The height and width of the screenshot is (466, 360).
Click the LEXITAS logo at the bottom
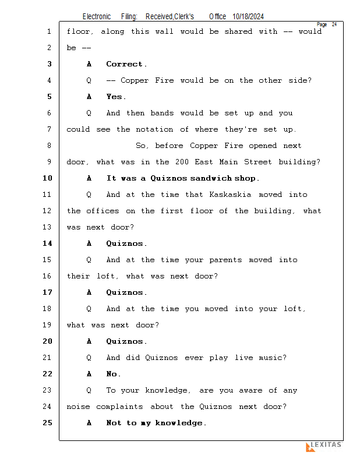[x=324, y=446]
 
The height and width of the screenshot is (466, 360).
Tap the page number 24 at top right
[x=334, y=24]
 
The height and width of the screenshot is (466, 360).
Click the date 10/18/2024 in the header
[x=248, y=17]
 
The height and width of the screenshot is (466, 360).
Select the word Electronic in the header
[x=97, y=17]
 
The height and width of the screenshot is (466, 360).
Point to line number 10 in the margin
[x=48, y=178]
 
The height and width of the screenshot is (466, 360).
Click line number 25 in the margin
[x=48, y=423]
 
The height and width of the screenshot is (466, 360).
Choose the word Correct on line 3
[x=124, y=64]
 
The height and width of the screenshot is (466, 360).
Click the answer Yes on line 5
[x=114, y=97]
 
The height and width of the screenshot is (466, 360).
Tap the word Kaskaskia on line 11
[x=230, y=195]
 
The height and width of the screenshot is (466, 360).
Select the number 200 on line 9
[x=182, y=162]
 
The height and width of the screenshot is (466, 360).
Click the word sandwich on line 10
[x=211, y=178]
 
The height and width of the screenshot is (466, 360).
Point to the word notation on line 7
[x=154, y=129]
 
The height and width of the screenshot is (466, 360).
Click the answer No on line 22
[x=112, y=374]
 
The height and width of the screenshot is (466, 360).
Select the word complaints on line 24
[x=119, y=407]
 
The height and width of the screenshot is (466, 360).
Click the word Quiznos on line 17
[x=125, y=292]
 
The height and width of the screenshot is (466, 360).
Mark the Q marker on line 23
[x=89, y=390]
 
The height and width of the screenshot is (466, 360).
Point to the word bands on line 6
[x=162, y=113]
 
